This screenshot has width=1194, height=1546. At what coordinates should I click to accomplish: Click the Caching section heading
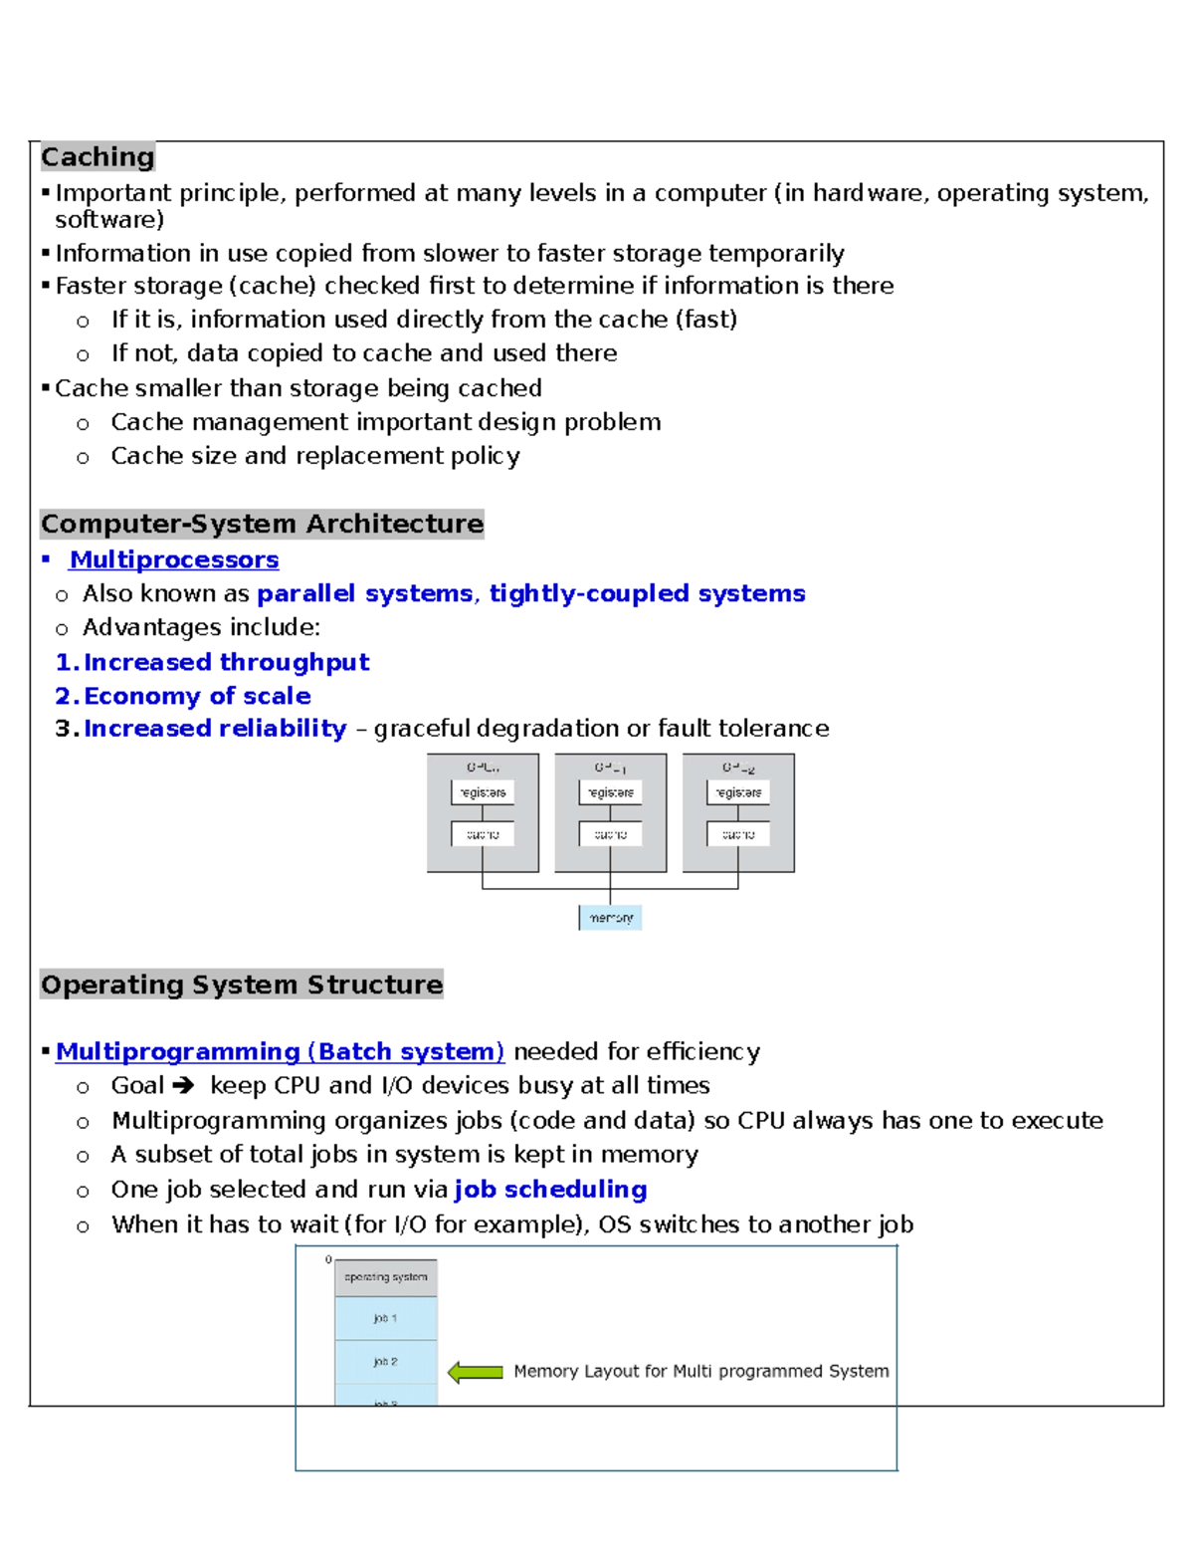pyautogui.click(x=98, y=157)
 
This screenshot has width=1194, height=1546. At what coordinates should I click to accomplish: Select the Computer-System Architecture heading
pyautogui.click(x=262, y=524)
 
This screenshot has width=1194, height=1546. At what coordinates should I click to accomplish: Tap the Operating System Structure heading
pyautogui.click(x=242, y=985)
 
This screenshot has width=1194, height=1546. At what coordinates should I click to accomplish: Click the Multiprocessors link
pyautogui.click(x=174, y=559)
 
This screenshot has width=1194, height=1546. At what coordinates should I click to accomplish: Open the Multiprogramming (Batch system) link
pyautogui.click(x=280, y=1051)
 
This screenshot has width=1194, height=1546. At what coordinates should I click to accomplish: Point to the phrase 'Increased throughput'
pyautogui.click(x=226, y=662)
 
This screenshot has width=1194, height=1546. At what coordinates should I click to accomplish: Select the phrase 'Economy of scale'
pyautogui.click(x=197, y=696)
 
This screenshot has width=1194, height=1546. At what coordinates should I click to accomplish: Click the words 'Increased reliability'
pyautogui.click(x=215, y=729)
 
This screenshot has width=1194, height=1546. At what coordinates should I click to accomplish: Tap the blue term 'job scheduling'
pyautogui.click(x=550, y=1190)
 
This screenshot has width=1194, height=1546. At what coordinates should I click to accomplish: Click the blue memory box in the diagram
pyautogui.click(x=610, y=917)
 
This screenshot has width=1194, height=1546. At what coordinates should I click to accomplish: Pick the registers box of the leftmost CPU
pyautogui.click(x=483, y=792)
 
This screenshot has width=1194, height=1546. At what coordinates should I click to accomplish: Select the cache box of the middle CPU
pyautogui.click(x=610, y=834)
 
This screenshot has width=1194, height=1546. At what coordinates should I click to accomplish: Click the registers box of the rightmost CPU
pyautogui.click(x=738, y=792)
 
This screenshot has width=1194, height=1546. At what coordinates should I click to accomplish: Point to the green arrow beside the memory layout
pyautogui.click(x=476, y=1373)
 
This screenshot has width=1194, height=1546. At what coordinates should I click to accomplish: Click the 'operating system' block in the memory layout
pyautogui.click(x=386, y=1277)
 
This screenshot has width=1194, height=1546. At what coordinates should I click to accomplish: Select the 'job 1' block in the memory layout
pyautogui.click(x=386, y=1318)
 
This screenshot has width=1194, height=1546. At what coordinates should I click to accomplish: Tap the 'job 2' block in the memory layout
pyautogui.click(x=386, y=1361)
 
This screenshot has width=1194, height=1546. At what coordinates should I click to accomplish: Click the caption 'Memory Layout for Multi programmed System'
pyautogui.click(x=700, y=1371)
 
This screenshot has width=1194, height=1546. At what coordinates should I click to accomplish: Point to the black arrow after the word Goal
pyautogui.click(x=183, y=1085)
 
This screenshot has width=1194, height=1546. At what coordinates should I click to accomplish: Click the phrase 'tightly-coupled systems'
pyautogui.click(x=647, y=593)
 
